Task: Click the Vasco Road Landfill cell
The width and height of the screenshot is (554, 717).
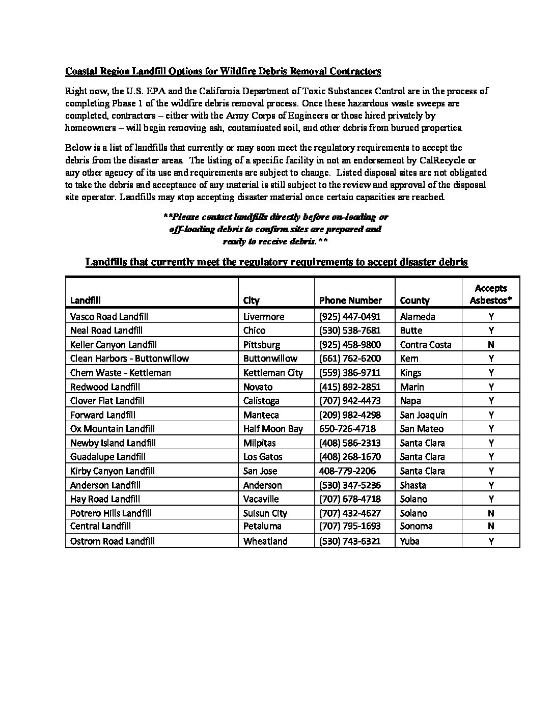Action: tap(109, 316)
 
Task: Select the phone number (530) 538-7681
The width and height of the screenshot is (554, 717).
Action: tap(349, 330)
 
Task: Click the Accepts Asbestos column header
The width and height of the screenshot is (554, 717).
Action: tap(490, 294)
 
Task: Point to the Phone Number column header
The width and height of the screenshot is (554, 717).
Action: tap(350, 300)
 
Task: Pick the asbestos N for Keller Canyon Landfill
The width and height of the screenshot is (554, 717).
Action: tap(491, 345)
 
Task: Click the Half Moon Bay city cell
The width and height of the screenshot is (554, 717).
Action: tap(272, 429)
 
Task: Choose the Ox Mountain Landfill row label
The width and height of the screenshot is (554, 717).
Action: tap(112, 429)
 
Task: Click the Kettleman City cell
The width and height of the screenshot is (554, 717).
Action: tap(272, 373)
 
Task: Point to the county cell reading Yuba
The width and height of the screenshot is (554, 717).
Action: tap(409, 541)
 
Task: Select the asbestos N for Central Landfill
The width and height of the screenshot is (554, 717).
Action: tap(491, 526)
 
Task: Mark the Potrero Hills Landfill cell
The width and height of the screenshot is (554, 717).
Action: tap(110, 513)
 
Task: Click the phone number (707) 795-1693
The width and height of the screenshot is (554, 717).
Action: tap(349, 526)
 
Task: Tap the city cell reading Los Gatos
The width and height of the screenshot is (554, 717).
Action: tap(262, 457)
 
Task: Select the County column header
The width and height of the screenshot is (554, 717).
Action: tap(414, 300)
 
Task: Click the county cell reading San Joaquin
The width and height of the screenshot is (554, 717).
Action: tap(423, 415)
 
